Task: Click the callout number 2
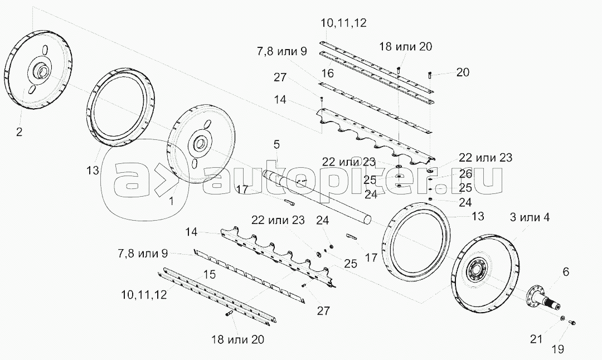[x=19, y=132]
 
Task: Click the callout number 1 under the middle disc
[x=171, y=201]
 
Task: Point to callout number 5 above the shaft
[x=276, y=145]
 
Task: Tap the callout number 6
[x=566, y=272]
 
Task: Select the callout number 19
[x=558, y=349]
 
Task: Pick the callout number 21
[x=536, y=339]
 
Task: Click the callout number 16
[x=328, y=73]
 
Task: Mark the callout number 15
[x=209, y=274]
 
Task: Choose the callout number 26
[x=465, y=174]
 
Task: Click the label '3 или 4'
[x=530, y=217]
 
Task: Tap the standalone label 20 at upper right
[x=463, y=72]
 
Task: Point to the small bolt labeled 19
[x=571, y=323]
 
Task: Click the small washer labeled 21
[x=562, y=318]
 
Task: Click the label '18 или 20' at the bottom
[x=237, y=339]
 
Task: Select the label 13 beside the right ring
[x=478, y=216]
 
